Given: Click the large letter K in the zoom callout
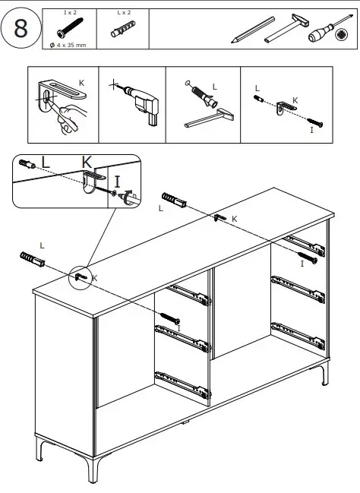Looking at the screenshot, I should pyautogui.click(x=87, y=163).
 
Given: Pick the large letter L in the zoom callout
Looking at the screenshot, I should pyautogui.click(x=46, y=162).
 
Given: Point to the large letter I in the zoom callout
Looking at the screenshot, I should pyautogui.click(x=118, y=181).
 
